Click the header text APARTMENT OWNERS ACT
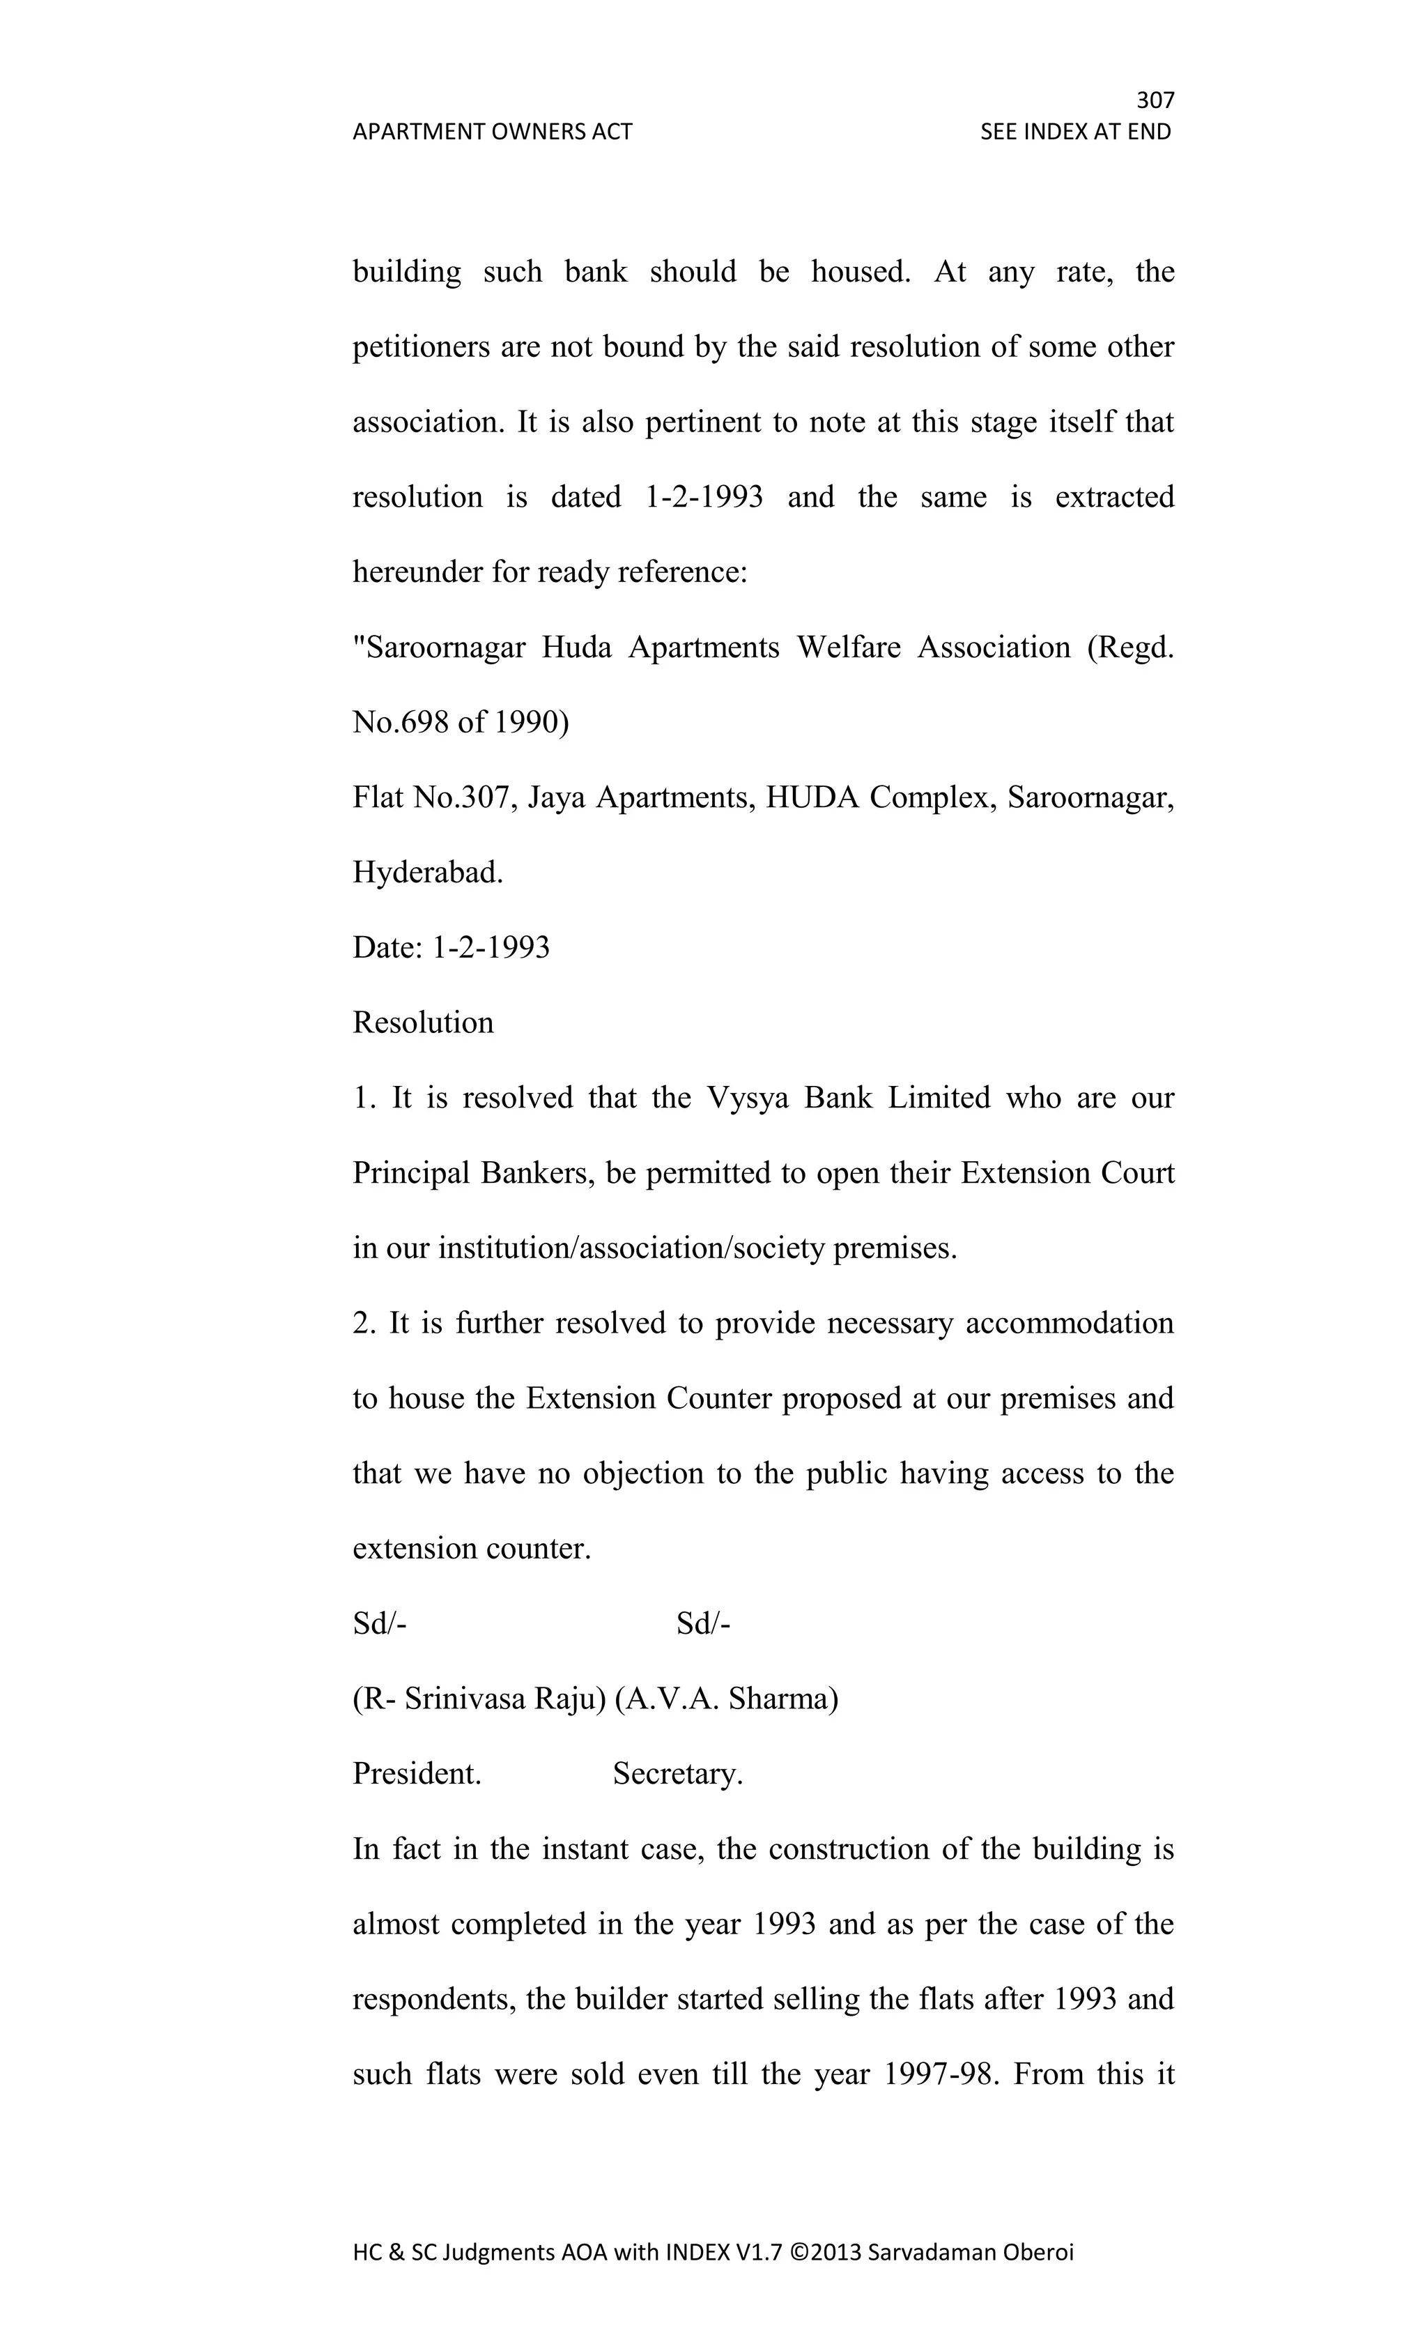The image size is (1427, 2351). pyautogui.click(x=492, y=132)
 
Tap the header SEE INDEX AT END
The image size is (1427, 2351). pyautogui.click(x=1075, y=132)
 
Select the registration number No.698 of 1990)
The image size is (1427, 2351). pyautogui.click(x=461, y=722)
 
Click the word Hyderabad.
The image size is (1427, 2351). pyautogui.click(x=427, y=872)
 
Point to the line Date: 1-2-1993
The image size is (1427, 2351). pyautogui.click(x=452, y=947)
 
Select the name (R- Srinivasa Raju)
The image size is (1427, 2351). pyautogui.click(x=479, y=1699)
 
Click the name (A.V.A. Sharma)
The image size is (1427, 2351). pyautogui.click(x=726, y=1699)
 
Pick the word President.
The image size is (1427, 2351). pyautogui.click(x=417, y=1774)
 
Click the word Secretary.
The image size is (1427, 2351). pyautogui.click(x=677, y=1774)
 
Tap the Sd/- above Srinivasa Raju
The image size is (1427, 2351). pyautogui.click(x=380, y=1623)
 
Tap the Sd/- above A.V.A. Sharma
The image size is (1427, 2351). pyautogui.click(x=703, y=1623)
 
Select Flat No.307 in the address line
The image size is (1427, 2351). pyautogui.click(x=435, y=797)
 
